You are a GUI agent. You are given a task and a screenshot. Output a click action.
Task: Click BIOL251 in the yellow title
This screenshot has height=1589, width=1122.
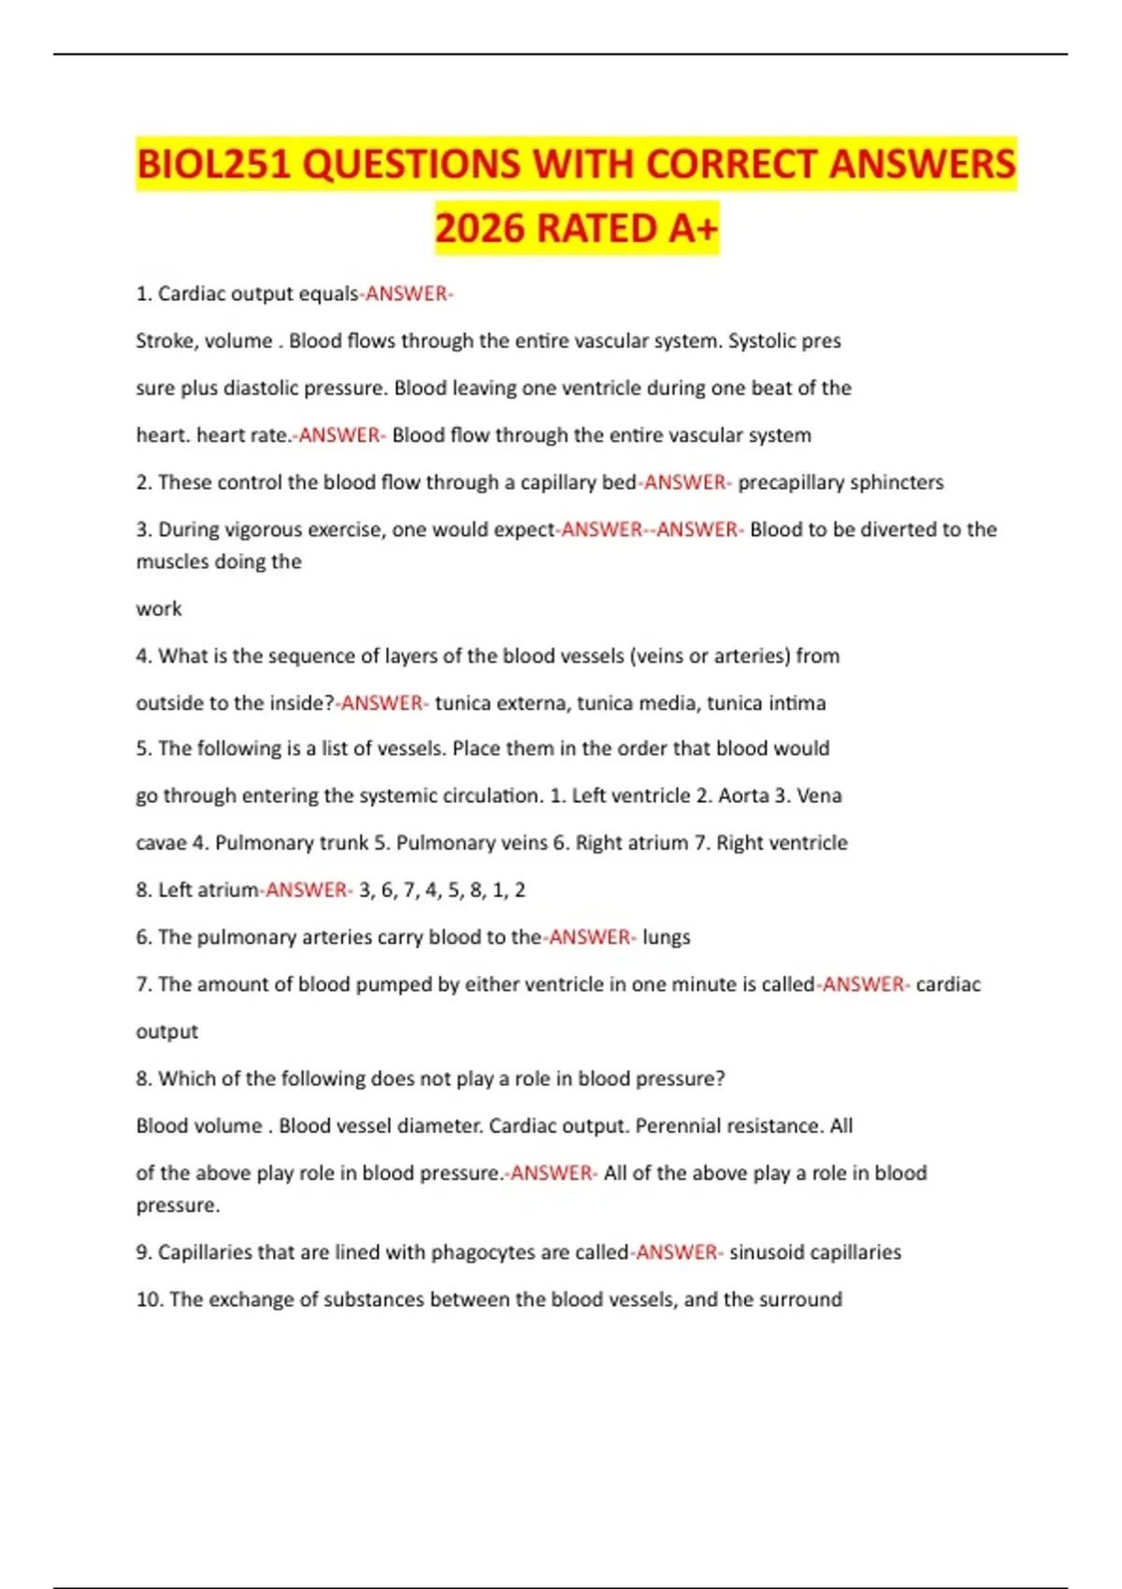pyautogui.click(x=214, y=165)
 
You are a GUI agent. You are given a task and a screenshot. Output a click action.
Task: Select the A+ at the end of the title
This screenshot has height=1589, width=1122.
pyautogui.click(x=691, y=229)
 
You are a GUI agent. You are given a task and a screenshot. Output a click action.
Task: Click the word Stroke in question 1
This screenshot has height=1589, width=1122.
pyautogui.click(x=164, y=341)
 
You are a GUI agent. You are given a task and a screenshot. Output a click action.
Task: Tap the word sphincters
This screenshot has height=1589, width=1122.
pyautogui.click(x=899, y=482)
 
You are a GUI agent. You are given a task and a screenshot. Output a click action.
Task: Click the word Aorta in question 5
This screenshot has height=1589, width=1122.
pyautogui.click(x=743, y=795)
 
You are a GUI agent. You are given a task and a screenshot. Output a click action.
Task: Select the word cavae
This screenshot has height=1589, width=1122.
pyautogui.click(x=161, y=843)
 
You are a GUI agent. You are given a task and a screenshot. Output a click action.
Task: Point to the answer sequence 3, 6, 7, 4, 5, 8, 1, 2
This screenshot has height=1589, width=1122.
pyautogui.click(x=441, y=890)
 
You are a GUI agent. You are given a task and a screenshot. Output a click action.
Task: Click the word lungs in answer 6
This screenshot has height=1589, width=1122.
pyautogui.click(x=666, y=938)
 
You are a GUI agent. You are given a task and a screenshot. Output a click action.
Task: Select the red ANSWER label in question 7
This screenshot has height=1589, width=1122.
pyautogui.click(x=864, y=984)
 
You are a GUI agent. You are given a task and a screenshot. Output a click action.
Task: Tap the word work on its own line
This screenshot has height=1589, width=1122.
pyautogui.click(x=159, y=609)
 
